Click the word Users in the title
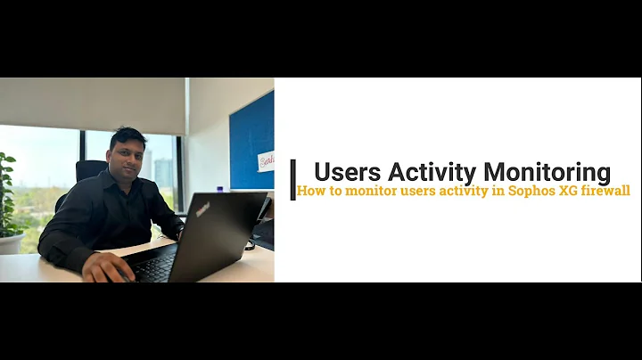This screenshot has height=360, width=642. (346, 172)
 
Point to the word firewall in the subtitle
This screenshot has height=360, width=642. (602, 191)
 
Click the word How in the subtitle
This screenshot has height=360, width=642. (310, 191)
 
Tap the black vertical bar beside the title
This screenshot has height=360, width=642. (292, 179)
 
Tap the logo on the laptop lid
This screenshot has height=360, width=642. (203, 210)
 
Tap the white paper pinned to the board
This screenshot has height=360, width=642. (266, 160)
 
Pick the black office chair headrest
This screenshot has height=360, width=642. (91, 170)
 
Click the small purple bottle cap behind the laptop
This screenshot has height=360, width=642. (220, 189)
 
